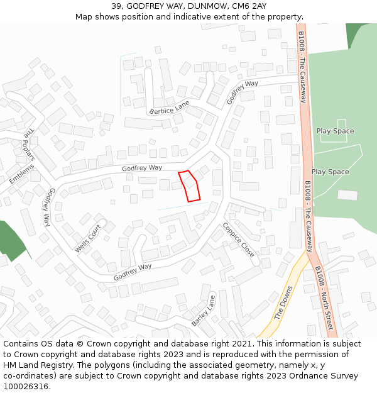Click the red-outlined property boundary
[x=190, y=186]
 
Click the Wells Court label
[x=88, y=239]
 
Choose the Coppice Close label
[x=239, y=240]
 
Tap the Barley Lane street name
[x=204, y=311]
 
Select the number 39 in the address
[x=117, y=6]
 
